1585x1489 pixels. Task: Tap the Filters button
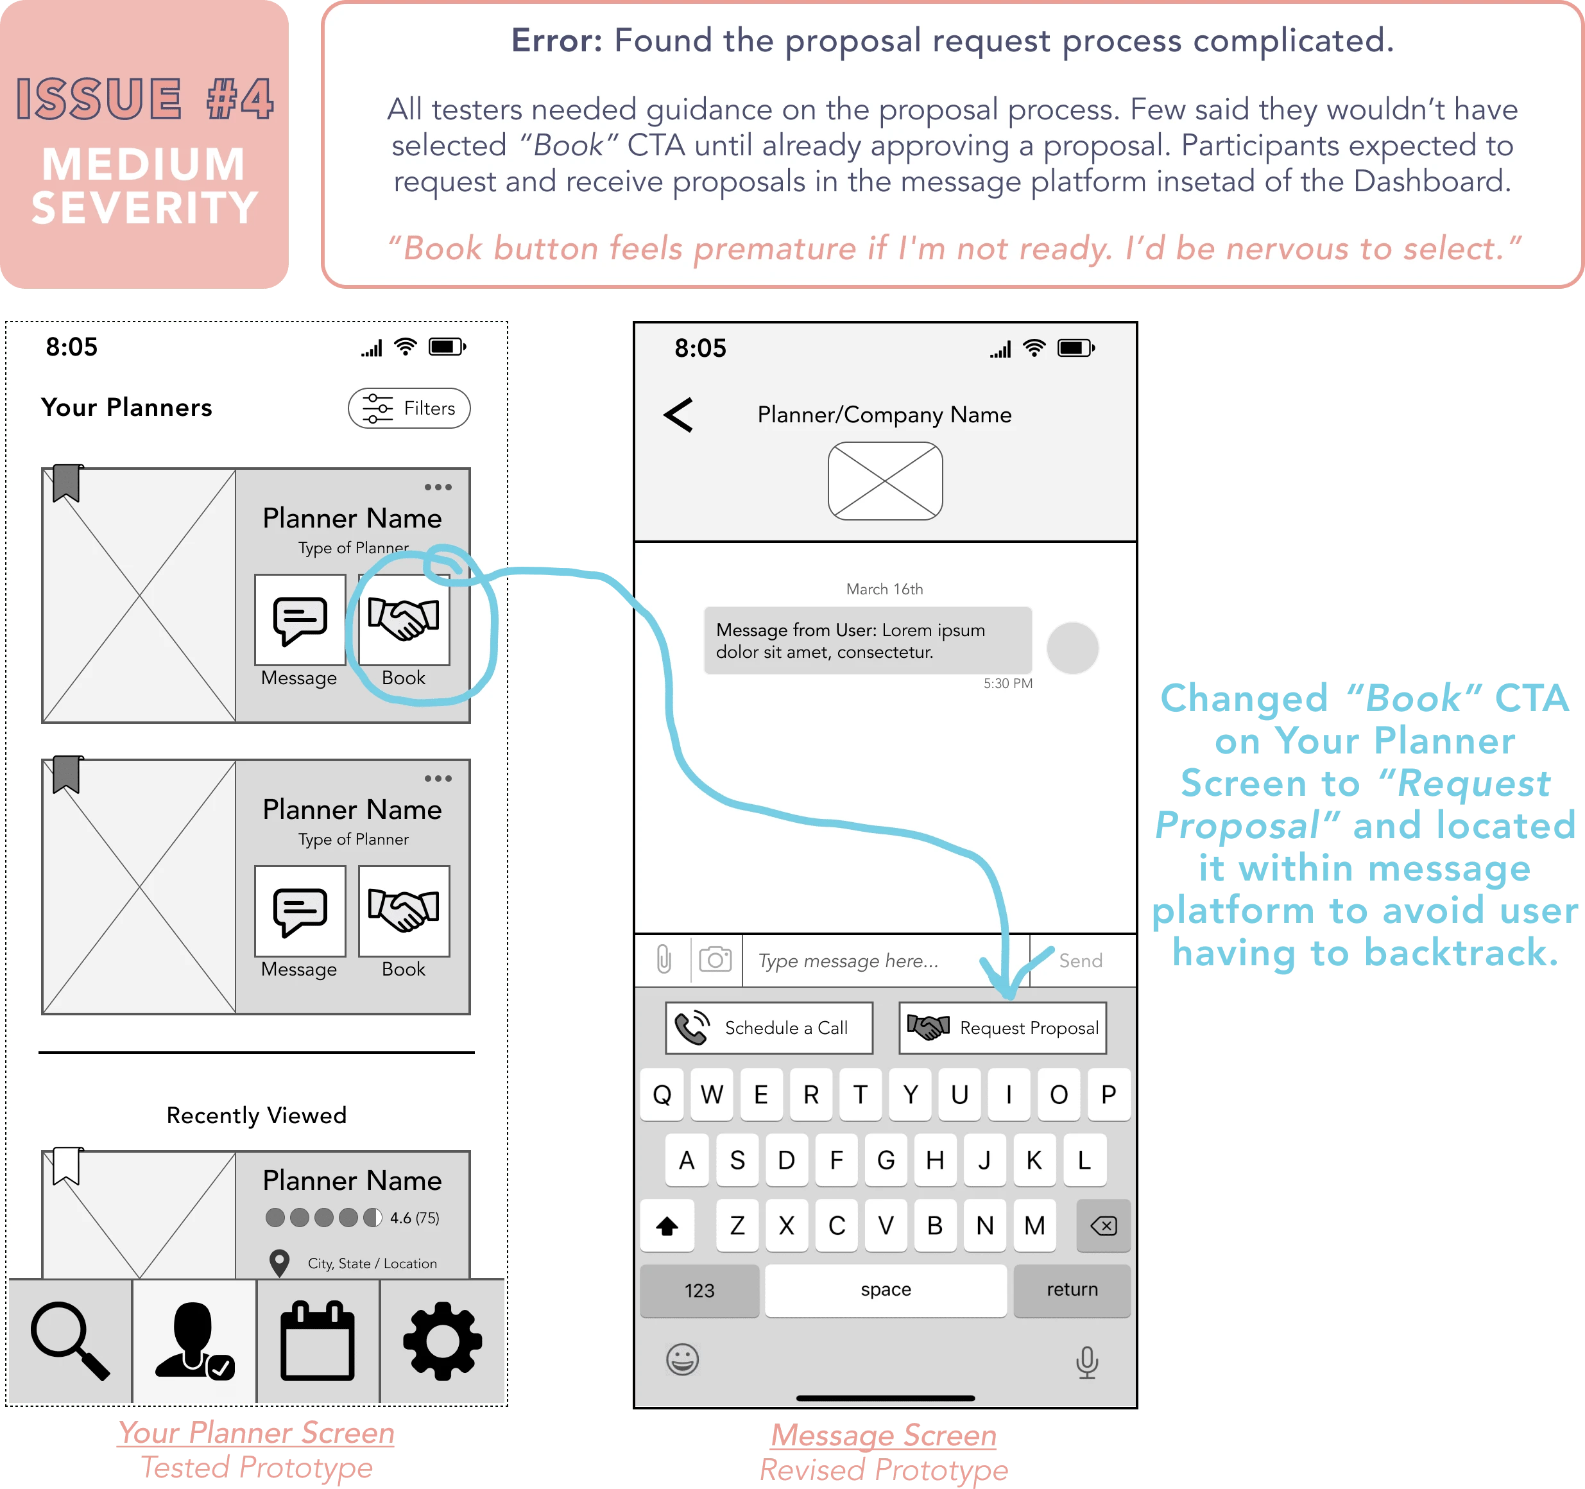click(x=409, y=408)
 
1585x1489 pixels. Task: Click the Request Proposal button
click(x=1002, y=1028)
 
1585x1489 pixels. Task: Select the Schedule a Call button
click(x=769, y=1028)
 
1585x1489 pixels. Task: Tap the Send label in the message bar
click(x=1081, y=961)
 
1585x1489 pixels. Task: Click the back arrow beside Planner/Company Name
click(x=678, y=415)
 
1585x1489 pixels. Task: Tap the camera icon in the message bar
click(x=715, y=960)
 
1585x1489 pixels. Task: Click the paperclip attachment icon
click(x=664, y=960)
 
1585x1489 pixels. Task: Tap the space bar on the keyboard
click(x=885, y=1289)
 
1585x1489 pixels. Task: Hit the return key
click(x=1072, y=1289)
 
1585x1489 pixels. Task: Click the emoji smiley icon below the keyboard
click(x=683, y=1359)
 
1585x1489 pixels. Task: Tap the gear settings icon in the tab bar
click(x=443, y=1341)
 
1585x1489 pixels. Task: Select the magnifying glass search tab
click(x=69, y=1341)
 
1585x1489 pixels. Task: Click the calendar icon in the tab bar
click(x=317, y=1341)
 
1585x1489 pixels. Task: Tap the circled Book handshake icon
click(x=404, y=620)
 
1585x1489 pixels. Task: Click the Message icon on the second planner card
click(x=300, y=911)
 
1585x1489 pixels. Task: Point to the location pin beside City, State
click(x=279, y=1262)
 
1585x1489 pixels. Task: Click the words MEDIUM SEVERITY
click(x=144, y=186)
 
